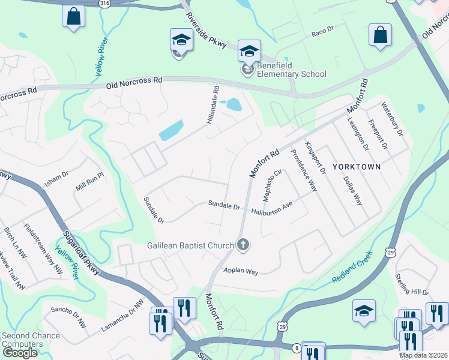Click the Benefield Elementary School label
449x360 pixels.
(292, 70)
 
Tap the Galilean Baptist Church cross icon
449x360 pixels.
(243, 244)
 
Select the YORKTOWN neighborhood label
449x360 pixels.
(354, 167)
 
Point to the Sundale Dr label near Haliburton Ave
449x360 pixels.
(224, 205)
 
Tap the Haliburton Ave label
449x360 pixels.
(272, 209)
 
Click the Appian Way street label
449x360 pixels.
(241, 271)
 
